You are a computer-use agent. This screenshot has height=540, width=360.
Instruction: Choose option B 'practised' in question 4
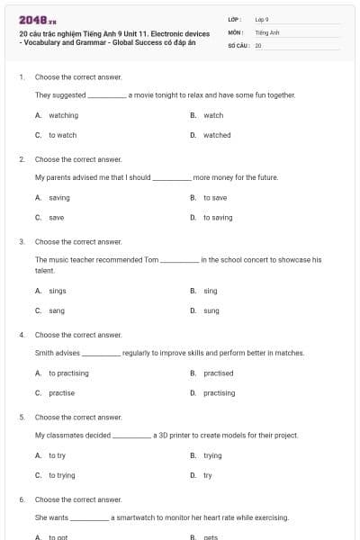218,373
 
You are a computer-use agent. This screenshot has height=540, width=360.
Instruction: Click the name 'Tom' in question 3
151,259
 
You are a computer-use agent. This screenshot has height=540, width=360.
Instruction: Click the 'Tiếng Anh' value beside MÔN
267,31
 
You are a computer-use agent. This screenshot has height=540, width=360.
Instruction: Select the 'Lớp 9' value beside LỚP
262,19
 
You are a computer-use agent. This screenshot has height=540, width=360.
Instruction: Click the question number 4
22,335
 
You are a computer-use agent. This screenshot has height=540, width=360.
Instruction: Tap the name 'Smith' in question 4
44,353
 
